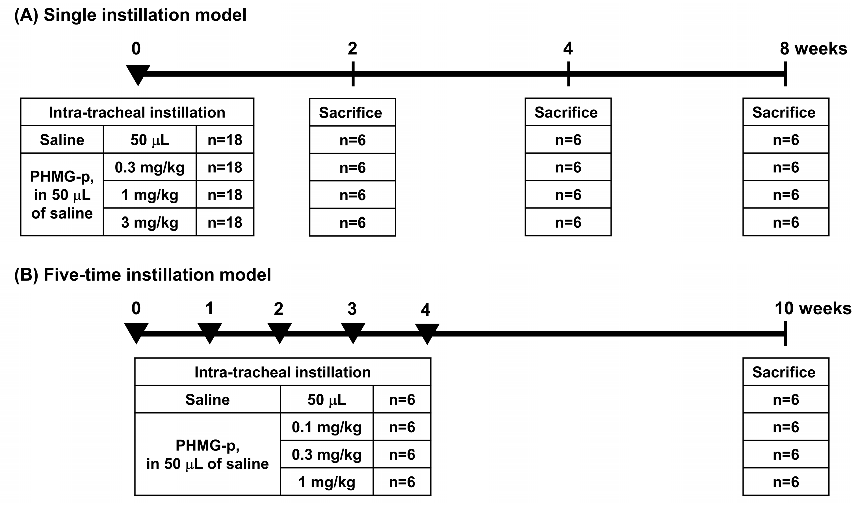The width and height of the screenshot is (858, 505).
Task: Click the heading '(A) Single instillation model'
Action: pyautogui.click(x=130, y=15)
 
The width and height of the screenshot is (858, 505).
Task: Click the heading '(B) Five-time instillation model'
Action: pyautogui.click(x=142, y=275)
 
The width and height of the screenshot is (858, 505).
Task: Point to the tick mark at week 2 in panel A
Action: pyautogui.click(x=353, y=74)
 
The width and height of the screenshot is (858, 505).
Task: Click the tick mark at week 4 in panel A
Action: pyautogui.click(x=568, y=74)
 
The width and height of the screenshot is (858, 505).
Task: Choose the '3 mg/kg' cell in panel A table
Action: pyautogui.click(x=149, y=222)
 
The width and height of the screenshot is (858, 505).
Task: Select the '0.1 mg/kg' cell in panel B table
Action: pyautogui.click(x=326, y=427)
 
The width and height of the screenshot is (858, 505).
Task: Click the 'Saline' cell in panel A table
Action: pyautogui.click(x=62, y=140)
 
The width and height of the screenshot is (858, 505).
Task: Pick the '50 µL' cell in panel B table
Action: pyautogui.click(x=326, y=399)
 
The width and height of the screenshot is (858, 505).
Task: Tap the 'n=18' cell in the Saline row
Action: pyautogui.click(x=225, y=140)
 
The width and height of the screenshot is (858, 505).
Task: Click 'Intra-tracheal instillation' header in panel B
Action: pyautogui.click(x=282, y=372)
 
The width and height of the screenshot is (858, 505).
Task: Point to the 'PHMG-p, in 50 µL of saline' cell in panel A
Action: pyautogui.click(x=62, y=195)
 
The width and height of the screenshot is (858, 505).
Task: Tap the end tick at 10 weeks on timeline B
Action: pyautogui.click(x=785, y=334)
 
